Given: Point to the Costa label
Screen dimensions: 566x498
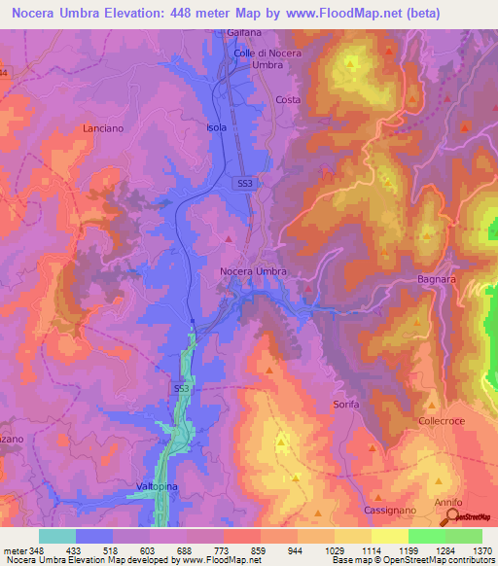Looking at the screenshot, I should [288, 100].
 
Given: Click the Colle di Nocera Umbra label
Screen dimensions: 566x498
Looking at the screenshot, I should [256, 59].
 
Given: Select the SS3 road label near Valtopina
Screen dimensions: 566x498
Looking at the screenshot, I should [181, 389].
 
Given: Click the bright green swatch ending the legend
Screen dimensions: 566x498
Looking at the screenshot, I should [464, 536].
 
